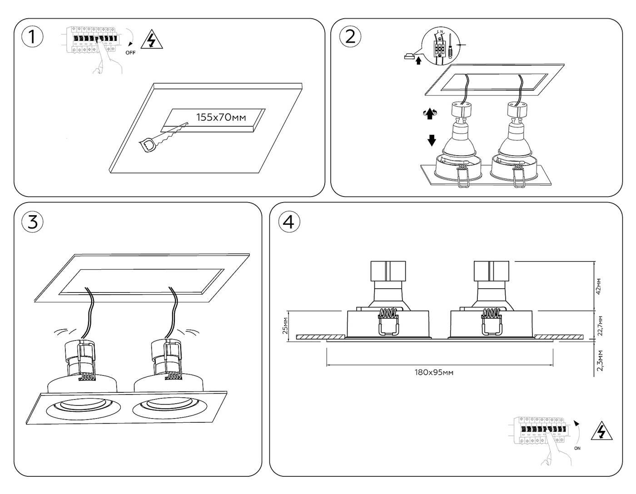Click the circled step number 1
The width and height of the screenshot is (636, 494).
point(32,37)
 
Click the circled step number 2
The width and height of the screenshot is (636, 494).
point(350,36)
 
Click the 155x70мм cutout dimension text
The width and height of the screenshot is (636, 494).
point(221,117)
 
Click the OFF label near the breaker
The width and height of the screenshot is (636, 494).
point(130,53)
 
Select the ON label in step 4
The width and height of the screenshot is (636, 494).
point(577,448)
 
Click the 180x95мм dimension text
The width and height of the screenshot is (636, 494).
point(434,373)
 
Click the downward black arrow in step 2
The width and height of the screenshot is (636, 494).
point(431,140)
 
